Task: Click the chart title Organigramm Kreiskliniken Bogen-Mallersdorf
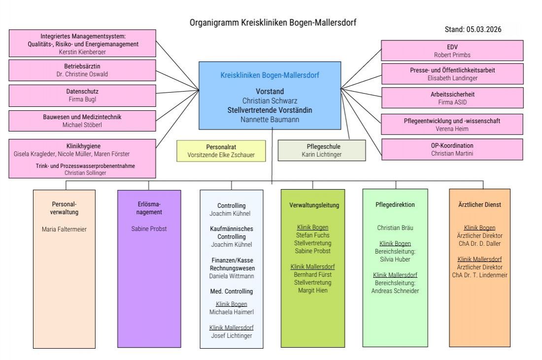click(272, 23)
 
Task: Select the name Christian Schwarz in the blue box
click(270, 100)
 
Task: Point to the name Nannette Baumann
click(270, 119)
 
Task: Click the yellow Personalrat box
click(221, 151)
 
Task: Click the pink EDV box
click(452, 51)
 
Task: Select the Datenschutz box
click(82, 95)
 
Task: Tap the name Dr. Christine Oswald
click(82, 74)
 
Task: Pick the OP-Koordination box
click(452, 149)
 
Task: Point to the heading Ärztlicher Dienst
click(479, 205)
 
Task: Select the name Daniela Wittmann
click(232, 276)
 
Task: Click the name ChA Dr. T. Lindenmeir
click(479, 275)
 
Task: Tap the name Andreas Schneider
click(395, 291)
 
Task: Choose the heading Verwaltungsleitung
click(313, 205)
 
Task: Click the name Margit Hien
click(313, 291)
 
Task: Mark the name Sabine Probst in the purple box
click(149, 229)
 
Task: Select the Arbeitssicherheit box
click(452, 98)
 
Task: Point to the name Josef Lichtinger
click(232, 335)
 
